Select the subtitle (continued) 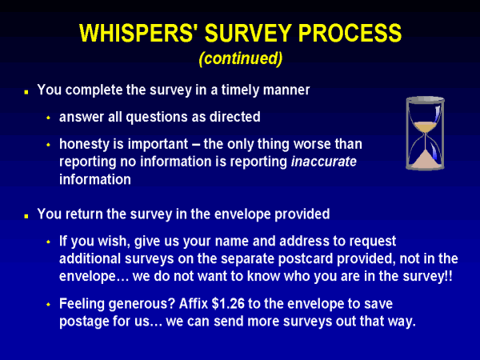tap(241, 58)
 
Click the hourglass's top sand tap(425, 126)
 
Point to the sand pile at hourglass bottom tap(425, 160)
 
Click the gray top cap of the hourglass tap(426, 100)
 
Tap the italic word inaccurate tap(324, 162)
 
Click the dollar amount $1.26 tap(228, 304)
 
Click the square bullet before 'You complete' tap(26, 91)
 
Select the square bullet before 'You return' tap(26, 216)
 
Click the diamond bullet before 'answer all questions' tap(48, 118)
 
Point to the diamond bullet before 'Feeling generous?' tap(48, 304)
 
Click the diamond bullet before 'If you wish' tap(48, 242)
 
